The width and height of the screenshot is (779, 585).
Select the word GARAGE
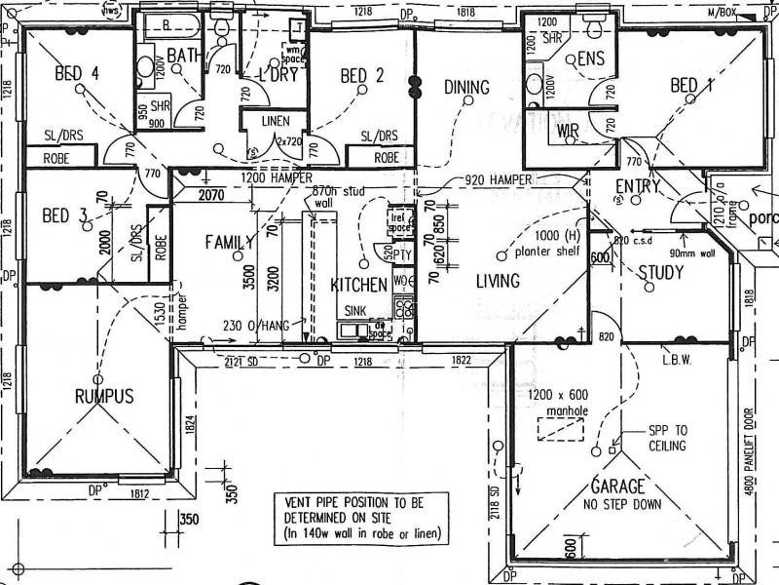(617, 487)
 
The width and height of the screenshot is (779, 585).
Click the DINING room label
(466, 88)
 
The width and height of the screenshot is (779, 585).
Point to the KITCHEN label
(359, 286)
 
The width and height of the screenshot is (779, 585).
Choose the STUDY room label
(660, 272)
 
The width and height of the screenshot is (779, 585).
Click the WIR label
(569, 131)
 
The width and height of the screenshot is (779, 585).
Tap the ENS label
(590, 59)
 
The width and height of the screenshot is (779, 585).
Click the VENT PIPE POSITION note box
(360, 516)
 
